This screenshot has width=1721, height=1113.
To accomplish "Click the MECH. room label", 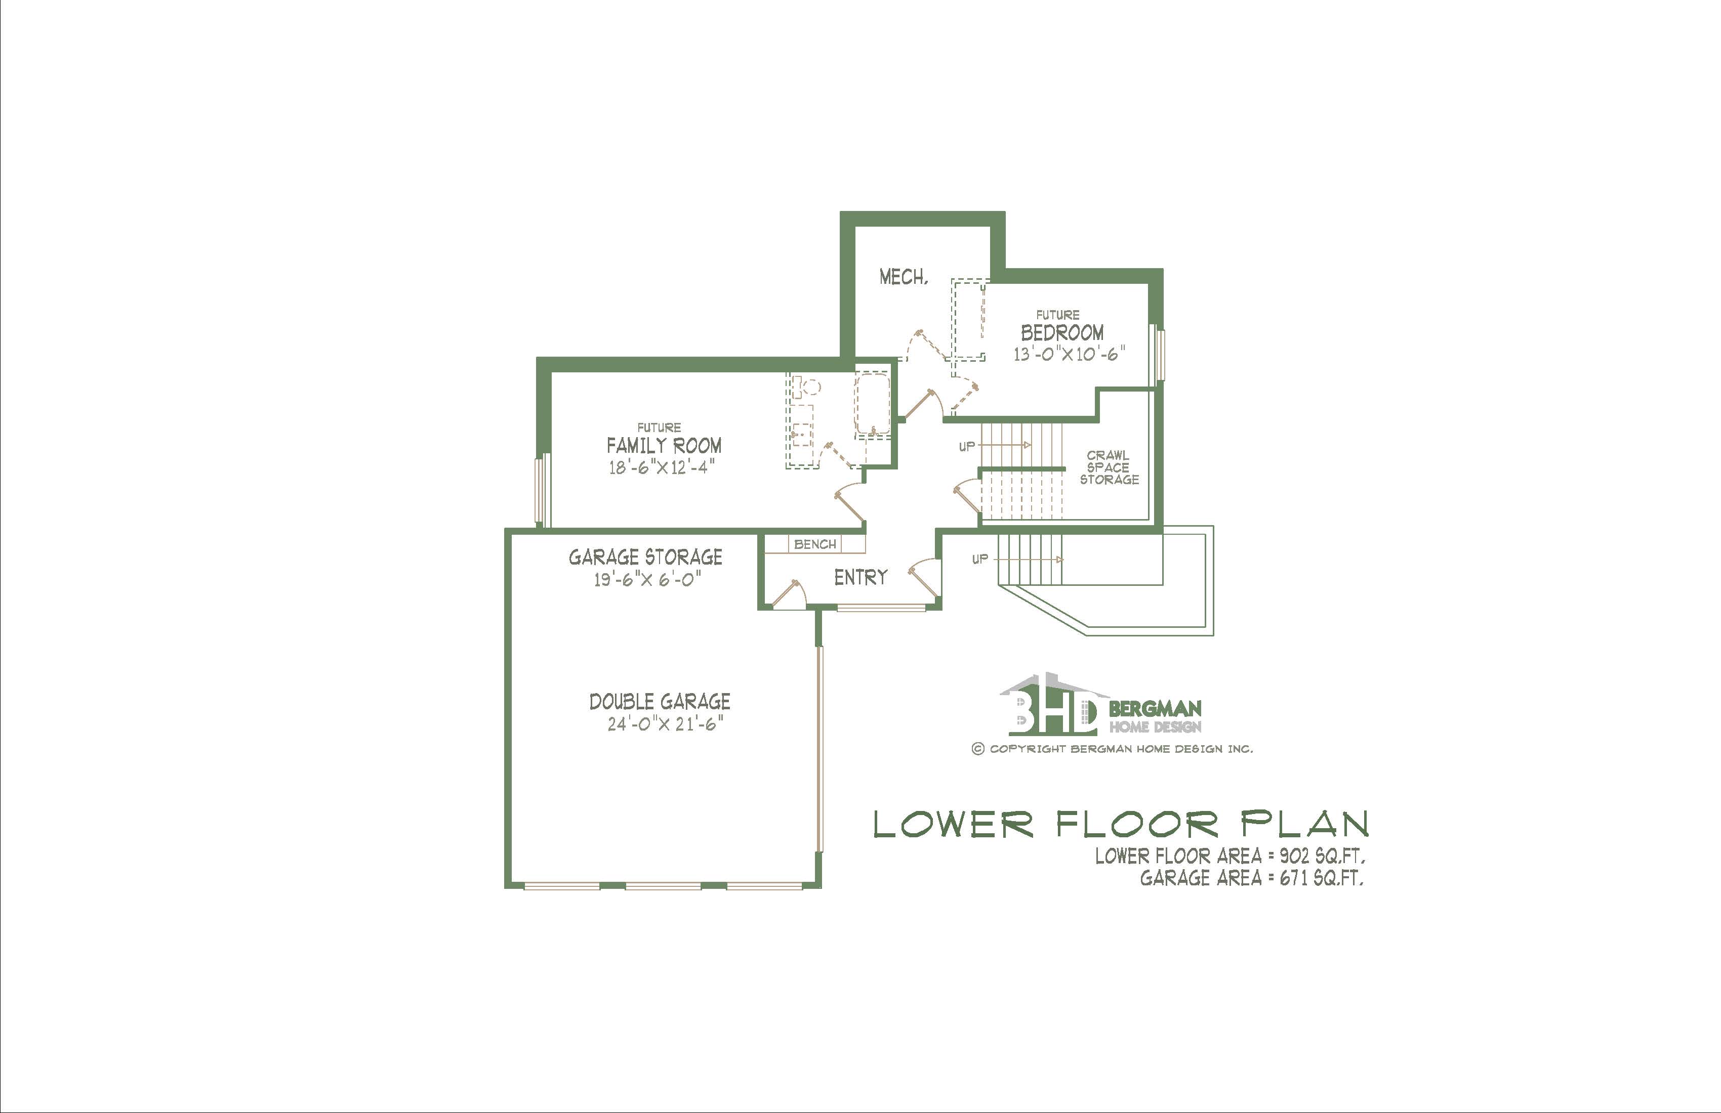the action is [x=903, y=277].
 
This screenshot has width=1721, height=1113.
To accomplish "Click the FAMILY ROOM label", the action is [x=664, y=445].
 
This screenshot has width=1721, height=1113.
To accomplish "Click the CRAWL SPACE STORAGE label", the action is [x=1109, y=467].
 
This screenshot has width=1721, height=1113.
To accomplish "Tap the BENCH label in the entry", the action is [x=815, y=544].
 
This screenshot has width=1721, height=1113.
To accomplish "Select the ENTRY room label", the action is [x=861, y=577].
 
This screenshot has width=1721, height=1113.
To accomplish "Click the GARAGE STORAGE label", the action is [x=645, y=557].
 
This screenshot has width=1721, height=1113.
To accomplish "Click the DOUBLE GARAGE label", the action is [x=660, y=701].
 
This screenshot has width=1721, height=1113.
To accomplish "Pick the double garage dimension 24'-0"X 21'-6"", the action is [x=665, y=723].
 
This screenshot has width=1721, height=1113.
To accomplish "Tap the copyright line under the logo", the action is [x=1112, y=749].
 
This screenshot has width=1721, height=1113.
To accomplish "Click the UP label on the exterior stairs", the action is [x=980, y=559].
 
